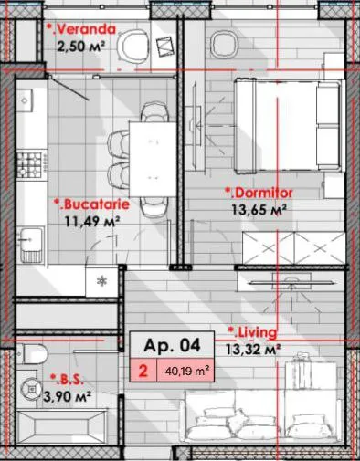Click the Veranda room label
(x=81, y=29)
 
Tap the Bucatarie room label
(x=91, y=204)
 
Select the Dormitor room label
(x=259, y=193)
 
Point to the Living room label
(x=253, y=332)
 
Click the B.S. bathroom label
(x=67, y=380)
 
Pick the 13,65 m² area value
(x=259, y=210)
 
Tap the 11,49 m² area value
(x=92, y=221)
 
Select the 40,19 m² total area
(x=187, y=371)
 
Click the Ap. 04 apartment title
(x=172, y=345)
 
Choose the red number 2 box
(x=143, y=371)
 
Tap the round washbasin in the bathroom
(x=31, y=388)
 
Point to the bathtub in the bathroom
(x=62, y=426)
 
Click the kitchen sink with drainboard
(x=31, y=244)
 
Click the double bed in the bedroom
(x=288, y=125)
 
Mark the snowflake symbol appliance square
(x=101, y=281)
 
